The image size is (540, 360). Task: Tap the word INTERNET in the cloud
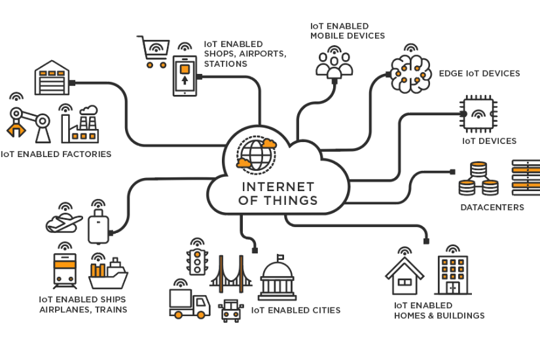tap(278, 187)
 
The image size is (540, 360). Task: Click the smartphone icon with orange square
tap(185, 76)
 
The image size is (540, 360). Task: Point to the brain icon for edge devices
tap(410, 72)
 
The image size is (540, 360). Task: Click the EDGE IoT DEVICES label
tap(479, 73)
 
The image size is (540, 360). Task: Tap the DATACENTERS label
tap(492, 207)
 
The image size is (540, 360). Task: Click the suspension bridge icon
tap(230, 273)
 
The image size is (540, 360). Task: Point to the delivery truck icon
tap(189, 303)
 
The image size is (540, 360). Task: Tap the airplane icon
tap(63, 223)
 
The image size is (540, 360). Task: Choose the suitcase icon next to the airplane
tap(98, 226)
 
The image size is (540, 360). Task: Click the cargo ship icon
tap(108, 275)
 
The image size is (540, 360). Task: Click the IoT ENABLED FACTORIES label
tap(56, 154)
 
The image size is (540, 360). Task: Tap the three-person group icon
tap(334, 64)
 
